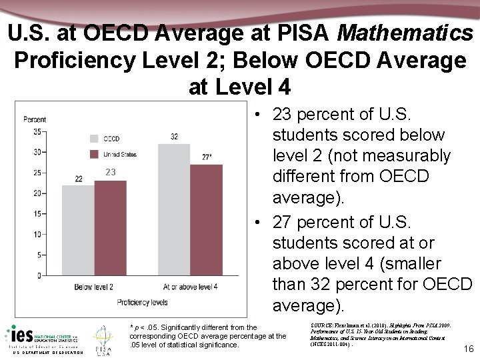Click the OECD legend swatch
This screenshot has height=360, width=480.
click(x=94, y=139)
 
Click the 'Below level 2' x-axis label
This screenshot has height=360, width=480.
click(x=93, y=287)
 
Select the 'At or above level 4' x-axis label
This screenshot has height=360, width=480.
click(x=191, y=287)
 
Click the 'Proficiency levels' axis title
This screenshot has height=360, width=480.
click(x=143, y=302)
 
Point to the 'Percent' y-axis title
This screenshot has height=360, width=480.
click(x=35, y=120)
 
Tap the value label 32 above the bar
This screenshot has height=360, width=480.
click(x=173, y=137)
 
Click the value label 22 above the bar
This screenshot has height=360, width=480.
click(x=78, y=179)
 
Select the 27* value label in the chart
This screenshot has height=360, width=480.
click(x=207, y=157)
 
